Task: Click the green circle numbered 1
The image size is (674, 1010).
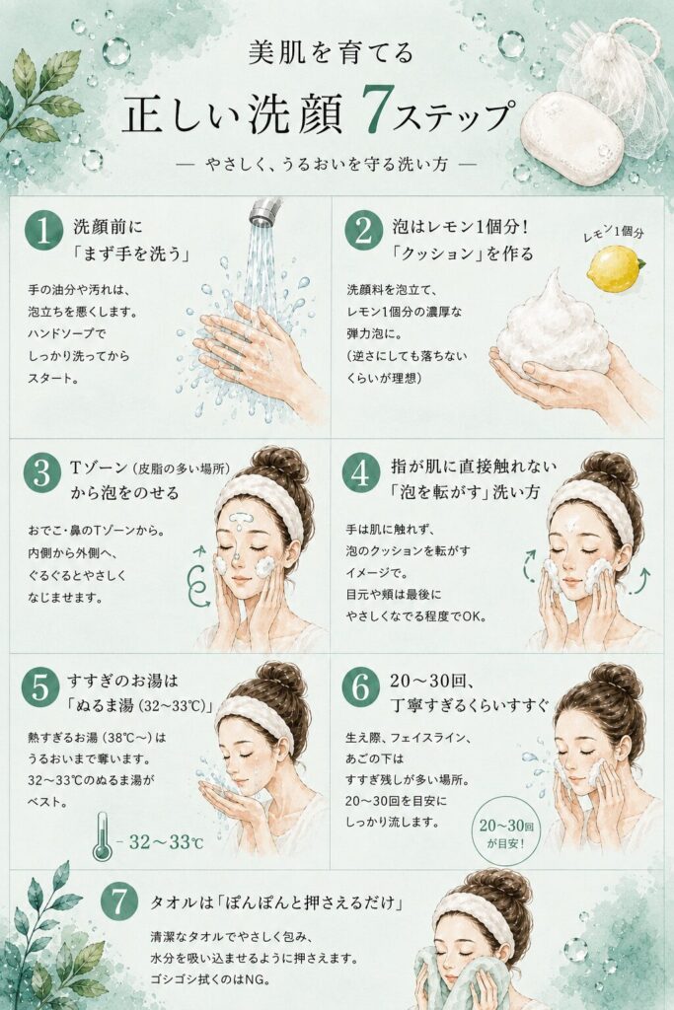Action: pos(43,231)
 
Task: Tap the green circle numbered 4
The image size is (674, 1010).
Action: pos(361,474)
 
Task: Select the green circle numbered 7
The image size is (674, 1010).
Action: pos(119,902)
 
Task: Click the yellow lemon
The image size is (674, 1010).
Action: pos(616,268)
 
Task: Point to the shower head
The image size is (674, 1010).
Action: pos(264,213)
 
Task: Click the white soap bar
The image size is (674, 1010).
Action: pos(571,137)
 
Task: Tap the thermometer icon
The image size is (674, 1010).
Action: pos(102,836)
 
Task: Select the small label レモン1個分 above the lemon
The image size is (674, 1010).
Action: pos(613,233)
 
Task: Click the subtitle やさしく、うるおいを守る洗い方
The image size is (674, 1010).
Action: pos(327,165)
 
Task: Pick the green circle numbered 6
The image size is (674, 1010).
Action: pos(361,687)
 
